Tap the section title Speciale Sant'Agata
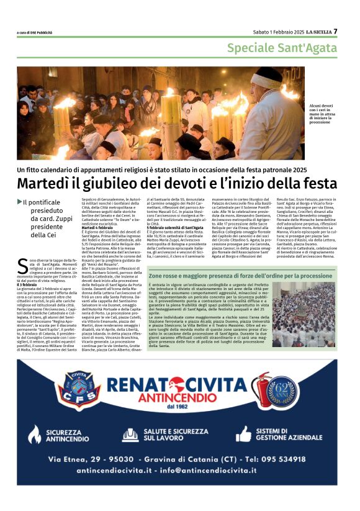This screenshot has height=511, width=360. [x=282, y=48]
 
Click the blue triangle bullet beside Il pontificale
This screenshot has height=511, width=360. [x=19, y=201]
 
